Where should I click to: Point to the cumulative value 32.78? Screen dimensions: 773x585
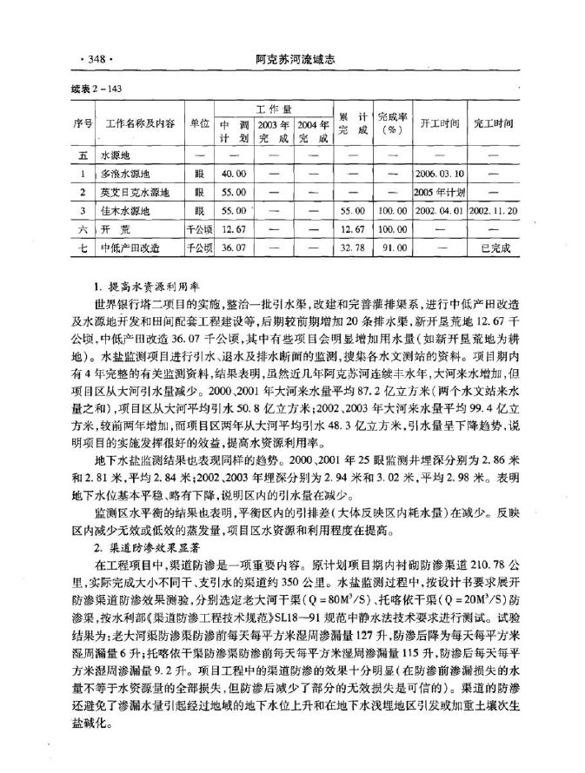click(353, 248)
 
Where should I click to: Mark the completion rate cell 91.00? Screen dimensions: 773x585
click(393, 248)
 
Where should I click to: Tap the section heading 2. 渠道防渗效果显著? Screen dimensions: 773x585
click(151, 550)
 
